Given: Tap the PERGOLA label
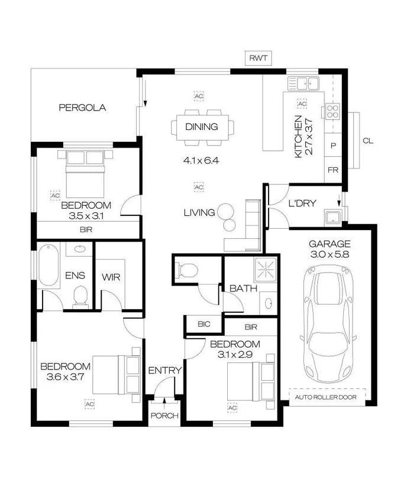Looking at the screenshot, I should pos(82,108).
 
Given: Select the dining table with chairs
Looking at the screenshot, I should pos(202,127).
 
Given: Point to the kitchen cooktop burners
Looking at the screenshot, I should pos(332,112).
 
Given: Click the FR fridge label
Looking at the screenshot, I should pos(332,170).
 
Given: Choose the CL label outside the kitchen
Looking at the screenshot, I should pos(367,141).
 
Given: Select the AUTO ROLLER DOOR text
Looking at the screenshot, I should pos(325,397).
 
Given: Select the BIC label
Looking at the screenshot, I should pos(204,325).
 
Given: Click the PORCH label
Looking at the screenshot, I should pos(164,416).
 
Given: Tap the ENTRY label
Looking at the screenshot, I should pos(164,370).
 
